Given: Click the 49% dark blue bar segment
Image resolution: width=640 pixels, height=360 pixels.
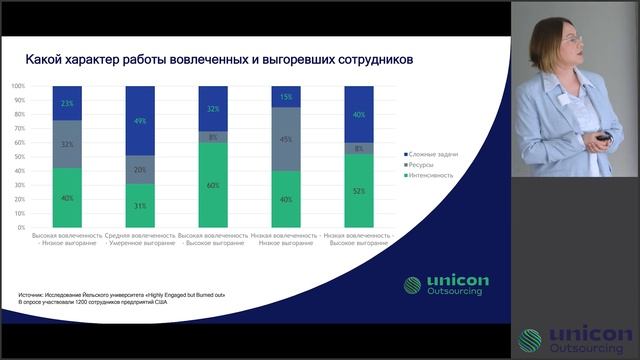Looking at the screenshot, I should [141, 120].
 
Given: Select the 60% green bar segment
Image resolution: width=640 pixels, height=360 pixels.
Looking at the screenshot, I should [214, 184].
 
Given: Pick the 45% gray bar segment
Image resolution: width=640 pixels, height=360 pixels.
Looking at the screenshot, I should [287, 139].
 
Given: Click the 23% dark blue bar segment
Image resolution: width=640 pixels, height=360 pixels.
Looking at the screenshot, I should [68, 103].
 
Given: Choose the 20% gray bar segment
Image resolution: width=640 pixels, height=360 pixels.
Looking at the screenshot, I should [141, 169].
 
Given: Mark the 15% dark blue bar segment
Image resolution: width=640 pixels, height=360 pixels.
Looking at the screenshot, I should [287, 97].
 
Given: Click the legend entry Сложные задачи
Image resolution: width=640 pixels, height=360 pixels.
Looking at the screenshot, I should [431, 154].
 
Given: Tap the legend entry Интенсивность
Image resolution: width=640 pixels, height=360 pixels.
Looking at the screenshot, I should [431, 176].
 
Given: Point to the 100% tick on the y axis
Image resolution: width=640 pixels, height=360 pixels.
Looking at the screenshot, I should [18, 86].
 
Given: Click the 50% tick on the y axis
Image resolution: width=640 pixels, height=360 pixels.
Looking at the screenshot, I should [19, 156].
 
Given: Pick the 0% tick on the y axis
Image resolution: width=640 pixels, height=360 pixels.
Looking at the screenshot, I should [21, 226].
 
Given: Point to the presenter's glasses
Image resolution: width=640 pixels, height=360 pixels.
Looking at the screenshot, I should [571, 40].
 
